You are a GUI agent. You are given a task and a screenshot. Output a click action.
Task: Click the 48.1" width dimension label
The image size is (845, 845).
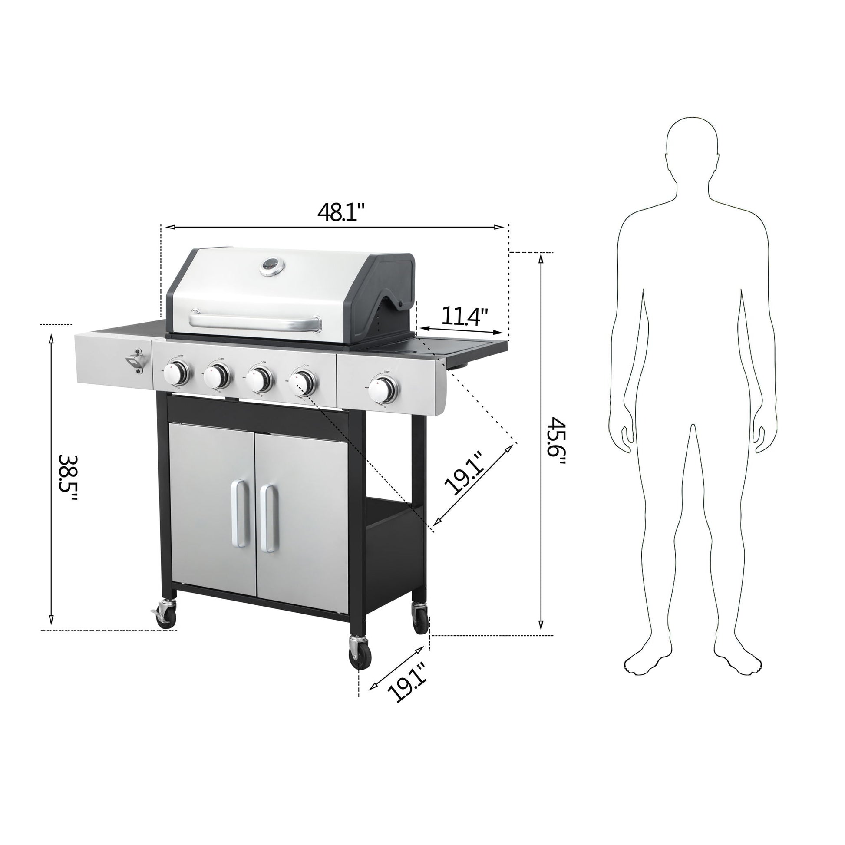(x=341, y=212)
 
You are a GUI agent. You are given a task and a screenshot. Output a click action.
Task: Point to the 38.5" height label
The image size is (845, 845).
(x=69, y=478)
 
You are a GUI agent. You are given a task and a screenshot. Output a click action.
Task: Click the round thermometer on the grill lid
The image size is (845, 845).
(x=271, y=266)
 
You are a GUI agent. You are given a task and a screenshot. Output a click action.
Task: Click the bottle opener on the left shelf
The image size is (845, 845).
(x=135, y=361)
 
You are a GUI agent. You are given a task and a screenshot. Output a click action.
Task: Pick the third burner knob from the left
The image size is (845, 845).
(x=259, y=378)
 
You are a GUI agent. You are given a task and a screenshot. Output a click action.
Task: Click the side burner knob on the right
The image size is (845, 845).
(x=383, y=388)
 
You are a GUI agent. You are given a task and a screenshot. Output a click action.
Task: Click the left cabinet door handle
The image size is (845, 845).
(x=239, y=512)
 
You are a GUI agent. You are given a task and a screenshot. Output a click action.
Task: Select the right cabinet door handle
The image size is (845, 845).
(x=267, y=518)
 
